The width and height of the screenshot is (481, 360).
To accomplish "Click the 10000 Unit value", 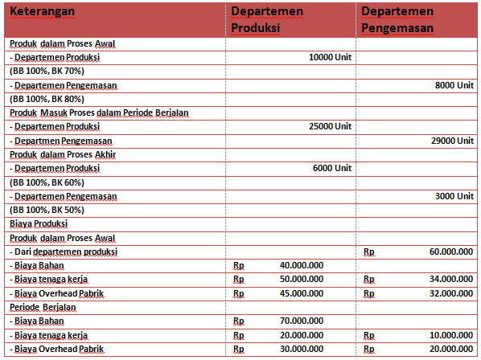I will (x=330, y=58).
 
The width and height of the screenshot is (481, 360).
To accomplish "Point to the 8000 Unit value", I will (x=454, y=85).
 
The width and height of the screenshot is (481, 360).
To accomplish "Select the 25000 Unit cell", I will (x=330, y=127).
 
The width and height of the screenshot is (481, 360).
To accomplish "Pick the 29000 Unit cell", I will (x=452, y=141).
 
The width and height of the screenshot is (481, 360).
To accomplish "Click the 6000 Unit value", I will (x=332, y=169).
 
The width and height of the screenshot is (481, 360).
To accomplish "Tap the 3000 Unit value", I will (x=454, y=196).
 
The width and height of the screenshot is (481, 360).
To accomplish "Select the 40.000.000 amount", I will (x=302, y=265).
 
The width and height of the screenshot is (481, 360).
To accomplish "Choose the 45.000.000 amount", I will (x=302, y=293).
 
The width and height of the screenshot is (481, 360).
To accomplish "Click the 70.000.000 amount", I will (x=302, y=321).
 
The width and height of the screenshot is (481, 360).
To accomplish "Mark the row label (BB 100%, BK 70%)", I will (x=47, y=72).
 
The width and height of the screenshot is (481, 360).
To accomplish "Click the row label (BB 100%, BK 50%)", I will (x=47, y=210).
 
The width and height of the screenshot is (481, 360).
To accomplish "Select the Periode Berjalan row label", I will (x=43, y=307).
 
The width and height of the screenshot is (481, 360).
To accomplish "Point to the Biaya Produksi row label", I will (x=39, y=224).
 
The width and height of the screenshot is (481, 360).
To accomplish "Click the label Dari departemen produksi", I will (x=63, y=252).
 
